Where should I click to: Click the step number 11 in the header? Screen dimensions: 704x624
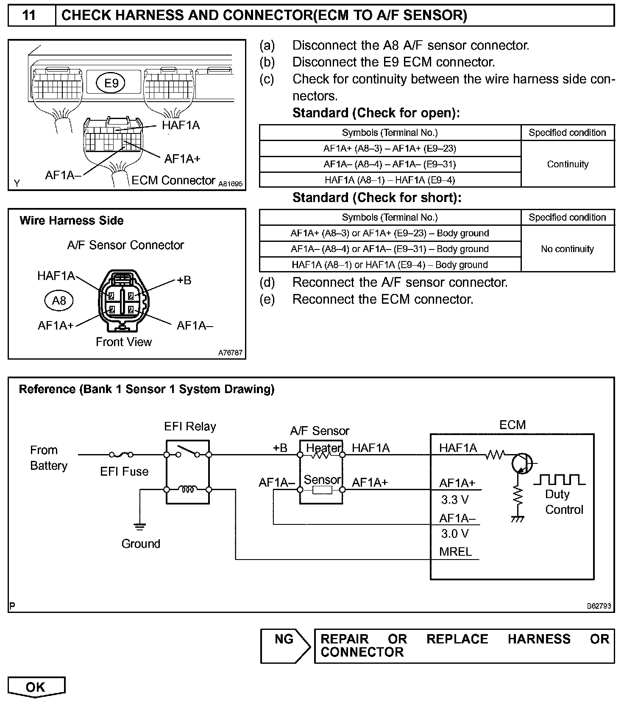[x=29, y=15]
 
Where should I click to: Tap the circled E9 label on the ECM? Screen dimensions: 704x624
[x=111, y=83]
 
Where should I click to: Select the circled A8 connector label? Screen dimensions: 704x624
[x=59, y=300]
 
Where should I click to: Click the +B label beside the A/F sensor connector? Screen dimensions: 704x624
[x=184, y=280]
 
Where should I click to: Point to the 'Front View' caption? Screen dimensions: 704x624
[x=124, y=342]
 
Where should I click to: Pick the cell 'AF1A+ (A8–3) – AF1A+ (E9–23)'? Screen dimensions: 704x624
[x=390, y=148]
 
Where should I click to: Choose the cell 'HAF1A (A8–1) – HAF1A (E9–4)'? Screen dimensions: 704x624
[x=390, y=180]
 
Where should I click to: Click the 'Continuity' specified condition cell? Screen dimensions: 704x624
[x=568, y=164]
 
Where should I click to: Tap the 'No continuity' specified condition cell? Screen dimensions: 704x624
[x=568, y=249]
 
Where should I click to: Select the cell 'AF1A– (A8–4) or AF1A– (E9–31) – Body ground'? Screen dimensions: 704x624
[x=390, y=249]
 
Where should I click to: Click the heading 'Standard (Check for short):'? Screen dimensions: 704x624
[x=377, y=198]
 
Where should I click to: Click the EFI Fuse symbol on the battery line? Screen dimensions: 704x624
[x=121, y=455]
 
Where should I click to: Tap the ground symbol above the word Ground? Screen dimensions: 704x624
[x=139, y=527]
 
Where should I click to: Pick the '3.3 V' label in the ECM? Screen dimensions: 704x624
[x=455, y=500]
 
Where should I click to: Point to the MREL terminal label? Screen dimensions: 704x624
[x=456, y=552]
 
